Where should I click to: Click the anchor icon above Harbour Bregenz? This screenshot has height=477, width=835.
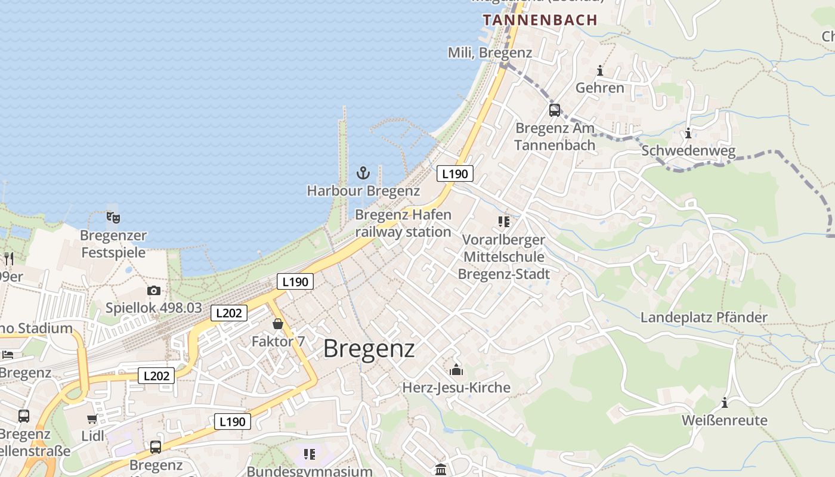click(x=363, y=174)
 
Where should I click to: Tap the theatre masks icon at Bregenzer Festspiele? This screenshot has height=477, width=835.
click(x=113, y=217)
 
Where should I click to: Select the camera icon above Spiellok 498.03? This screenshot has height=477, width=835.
click(x=154, y=291)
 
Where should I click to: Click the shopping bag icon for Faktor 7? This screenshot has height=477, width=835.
click(x=278, y=324)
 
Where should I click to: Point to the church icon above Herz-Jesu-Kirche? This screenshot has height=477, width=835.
click(x=456, y=370)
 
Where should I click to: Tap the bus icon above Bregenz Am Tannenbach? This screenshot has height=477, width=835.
click(x=555, y=110)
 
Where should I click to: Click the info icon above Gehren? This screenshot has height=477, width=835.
click(x=600, y=71)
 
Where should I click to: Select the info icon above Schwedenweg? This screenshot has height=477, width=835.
click(x=688, y=133)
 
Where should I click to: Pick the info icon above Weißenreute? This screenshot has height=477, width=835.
click(x=725, y=402)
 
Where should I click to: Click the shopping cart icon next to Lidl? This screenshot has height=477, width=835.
click(x=92, y=419)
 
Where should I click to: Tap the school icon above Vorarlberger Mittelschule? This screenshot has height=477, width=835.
click(x=504, y=222)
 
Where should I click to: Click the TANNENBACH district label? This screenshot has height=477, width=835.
click(x=540, y=20)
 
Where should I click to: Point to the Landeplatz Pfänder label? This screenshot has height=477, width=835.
click(x=704, y=317)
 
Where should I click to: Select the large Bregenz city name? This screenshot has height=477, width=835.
click(x=369, y=349)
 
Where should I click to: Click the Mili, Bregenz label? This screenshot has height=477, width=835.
click(x=490, y=52)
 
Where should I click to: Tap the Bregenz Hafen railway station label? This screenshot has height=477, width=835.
click(x=403, y=223)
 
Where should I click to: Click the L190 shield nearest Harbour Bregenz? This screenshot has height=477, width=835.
click(x=455, y=174)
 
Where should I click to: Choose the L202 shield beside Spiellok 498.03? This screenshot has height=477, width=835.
click(x=229, y=313)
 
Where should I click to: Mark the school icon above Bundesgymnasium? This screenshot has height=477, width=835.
click(x=310, y=454)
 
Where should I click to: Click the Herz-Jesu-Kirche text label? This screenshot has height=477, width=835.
click(x=456, y=388)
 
